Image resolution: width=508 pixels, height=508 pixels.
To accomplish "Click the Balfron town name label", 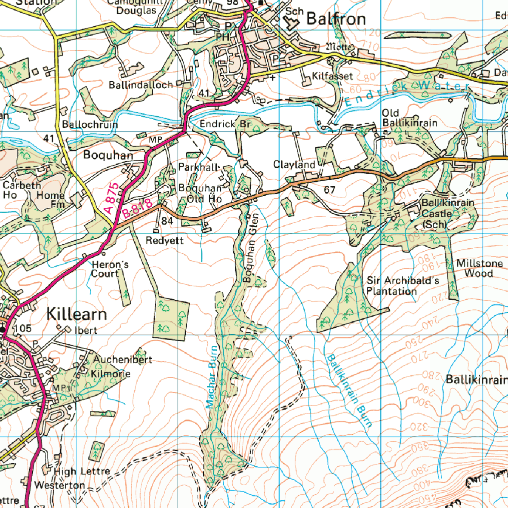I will [x=336, y=19].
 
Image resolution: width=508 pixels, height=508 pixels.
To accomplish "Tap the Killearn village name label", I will [x=77, y=314].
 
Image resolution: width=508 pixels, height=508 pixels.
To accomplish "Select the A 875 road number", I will [x=111, y=198].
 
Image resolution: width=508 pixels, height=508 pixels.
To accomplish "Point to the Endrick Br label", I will [x=225, y=124].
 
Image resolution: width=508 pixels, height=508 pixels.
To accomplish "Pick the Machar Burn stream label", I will [x=211, y=377].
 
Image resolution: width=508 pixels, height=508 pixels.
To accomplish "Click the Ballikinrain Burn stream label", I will [x=349, y=390].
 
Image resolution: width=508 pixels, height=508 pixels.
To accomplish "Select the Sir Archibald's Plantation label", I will [x=402, y=286].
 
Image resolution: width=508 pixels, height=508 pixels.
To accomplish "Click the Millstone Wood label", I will [x=479, y=268].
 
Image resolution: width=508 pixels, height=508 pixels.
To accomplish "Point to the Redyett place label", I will [x=164, y=240].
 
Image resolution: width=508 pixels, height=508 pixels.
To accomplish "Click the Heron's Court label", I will [x=110, y=269].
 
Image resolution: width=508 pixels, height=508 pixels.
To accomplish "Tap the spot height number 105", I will [x=23, y=329].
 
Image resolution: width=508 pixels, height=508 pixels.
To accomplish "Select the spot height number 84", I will [x=167, y=221].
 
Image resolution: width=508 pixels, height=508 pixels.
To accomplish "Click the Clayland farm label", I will [x=294, y=165].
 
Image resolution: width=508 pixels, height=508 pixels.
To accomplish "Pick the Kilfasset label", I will [x=333, y=76].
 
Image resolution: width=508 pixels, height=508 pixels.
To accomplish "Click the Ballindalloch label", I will [x=141, y=85].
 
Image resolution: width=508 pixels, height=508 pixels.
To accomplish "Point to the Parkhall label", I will [x=199, y=167].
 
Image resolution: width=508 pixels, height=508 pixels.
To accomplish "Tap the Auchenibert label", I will [x=123, y=359].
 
